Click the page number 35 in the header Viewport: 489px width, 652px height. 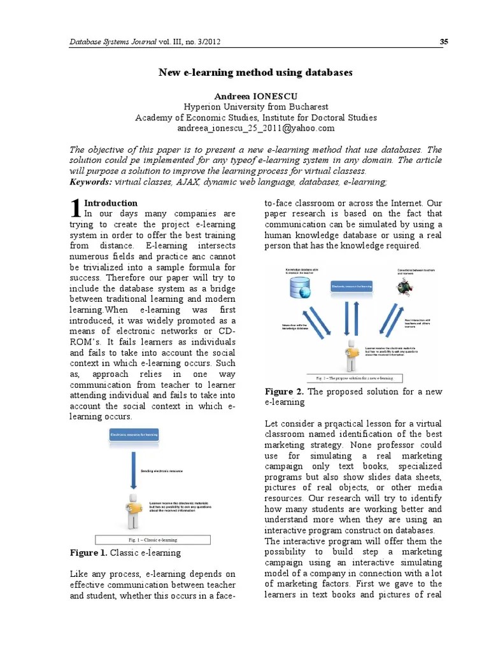(x=444, y=42)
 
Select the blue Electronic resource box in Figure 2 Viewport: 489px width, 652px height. (x=351, y=287)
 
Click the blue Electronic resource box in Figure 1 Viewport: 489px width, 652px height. (x=134, y=435)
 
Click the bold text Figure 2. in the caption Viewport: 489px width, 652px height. (x=283, y=391)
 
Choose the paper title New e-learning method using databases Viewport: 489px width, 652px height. (x=255, y=73)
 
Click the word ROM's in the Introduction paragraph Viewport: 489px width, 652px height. (x=84, y=342)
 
